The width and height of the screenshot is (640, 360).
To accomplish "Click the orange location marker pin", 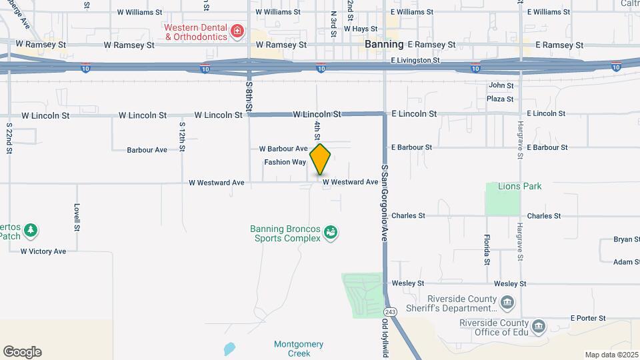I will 321,159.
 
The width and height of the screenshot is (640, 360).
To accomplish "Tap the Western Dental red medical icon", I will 236,31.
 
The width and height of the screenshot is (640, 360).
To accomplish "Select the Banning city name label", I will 385,45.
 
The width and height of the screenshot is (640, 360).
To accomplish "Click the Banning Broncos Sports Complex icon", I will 330,233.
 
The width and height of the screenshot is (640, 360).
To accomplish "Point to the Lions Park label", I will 523,187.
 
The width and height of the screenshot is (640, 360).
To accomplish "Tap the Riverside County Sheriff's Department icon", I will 507,303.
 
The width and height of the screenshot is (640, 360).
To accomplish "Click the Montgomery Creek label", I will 299,349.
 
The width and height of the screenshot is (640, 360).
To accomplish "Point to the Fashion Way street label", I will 285,162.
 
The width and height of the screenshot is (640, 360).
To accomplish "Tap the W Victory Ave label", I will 43,251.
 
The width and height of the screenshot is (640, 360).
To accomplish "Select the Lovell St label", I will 77,217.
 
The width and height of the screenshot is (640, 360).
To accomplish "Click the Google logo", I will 22,352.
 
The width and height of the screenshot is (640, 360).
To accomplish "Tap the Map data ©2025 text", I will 611,355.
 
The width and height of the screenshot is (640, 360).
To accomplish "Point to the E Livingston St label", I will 415,60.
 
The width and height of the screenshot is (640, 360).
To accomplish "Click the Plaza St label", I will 501,99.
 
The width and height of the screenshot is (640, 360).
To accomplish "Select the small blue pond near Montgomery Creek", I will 229,349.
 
